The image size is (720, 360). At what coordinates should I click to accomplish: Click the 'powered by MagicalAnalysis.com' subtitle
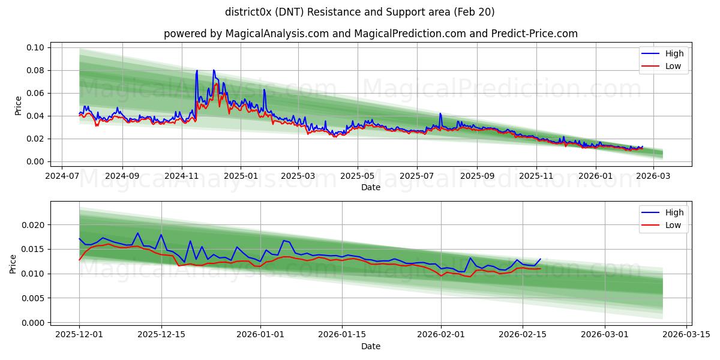(x=370, y=34)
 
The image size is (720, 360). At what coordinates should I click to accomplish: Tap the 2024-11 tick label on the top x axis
(x=181, y=176)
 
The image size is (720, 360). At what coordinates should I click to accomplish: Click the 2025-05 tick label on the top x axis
(x=358, y=176)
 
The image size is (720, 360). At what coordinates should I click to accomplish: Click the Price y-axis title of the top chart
(x=18, y=106)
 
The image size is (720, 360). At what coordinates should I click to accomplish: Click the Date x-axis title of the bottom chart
(x=370, y=346)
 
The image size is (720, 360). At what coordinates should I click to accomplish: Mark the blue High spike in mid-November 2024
(x=196, y=71)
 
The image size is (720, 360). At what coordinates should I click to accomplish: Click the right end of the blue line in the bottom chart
(x=540, y=259)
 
